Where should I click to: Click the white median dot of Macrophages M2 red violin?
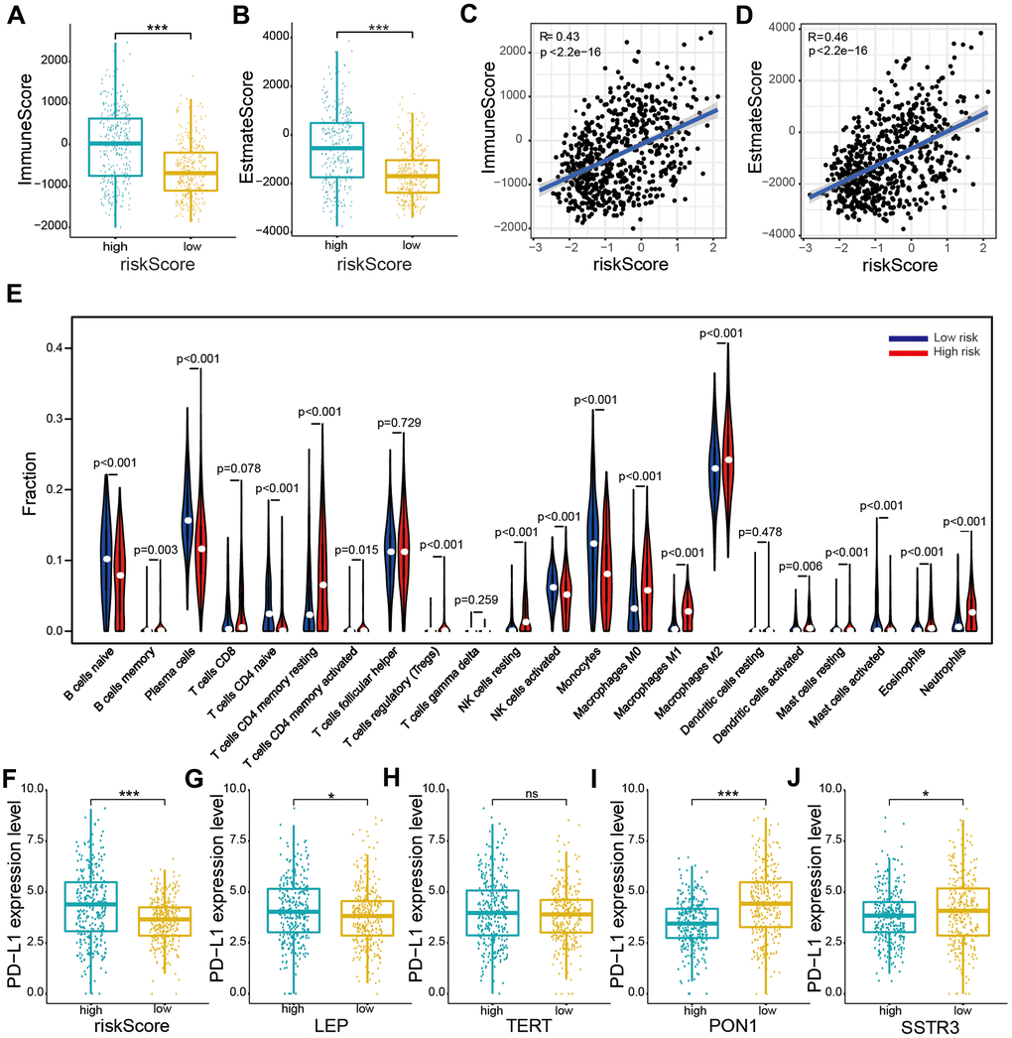729,459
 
